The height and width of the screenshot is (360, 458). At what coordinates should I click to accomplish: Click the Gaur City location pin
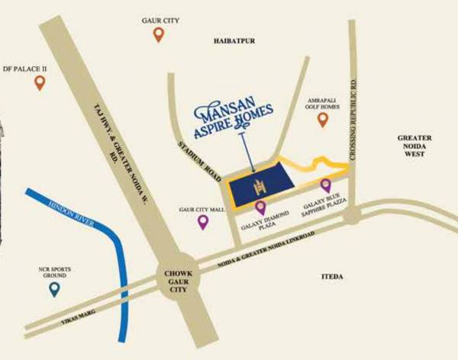(x=159, y=34)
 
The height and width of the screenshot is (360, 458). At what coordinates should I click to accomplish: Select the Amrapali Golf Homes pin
(x=322, y=120)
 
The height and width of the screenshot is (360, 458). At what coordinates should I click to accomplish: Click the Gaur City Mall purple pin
(x=203, y=222)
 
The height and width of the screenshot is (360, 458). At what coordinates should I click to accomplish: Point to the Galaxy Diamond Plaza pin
(x=260, y=207)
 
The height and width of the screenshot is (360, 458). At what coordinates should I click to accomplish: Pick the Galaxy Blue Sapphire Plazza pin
(x=326, y=185)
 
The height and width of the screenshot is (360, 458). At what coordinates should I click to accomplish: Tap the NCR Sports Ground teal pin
(x=54, y=289)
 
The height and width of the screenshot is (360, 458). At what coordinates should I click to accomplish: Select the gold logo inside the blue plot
(x=259, y=185)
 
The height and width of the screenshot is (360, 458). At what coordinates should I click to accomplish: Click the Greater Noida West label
(x=414, y=146)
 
